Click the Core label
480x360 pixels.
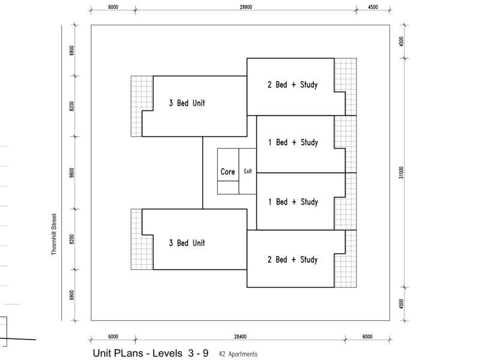[228, 172]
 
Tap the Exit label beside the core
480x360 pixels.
[248, 171]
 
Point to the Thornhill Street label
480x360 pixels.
[54, 234]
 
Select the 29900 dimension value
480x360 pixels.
[246, 7]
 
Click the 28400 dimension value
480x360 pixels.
[241, 337]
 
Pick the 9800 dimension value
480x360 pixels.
[71, 173]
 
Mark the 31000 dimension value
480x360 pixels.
[401, 173]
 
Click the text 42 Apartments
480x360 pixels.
[238, 354]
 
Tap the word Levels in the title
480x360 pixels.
[167, 353]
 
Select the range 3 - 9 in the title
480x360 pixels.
[199, 353]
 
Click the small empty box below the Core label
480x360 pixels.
[228, 187]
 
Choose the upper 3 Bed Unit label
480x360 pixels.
[187, 103]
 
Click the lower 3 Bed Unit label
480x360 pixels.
[187, 243]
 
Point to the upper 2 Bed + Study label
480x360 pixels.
[292, 85]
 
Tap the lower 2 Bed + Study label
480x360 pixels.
[292, 260]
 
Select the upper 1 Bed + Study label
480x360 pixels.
[293, 142]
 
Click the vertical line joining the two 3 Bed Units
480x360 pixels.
[203, 173]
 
